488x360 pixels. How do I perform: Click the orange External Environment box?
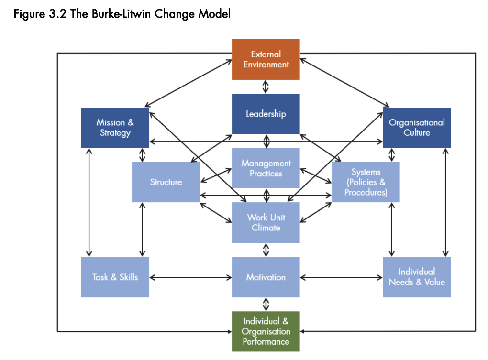pyautogui.click(x=266, y=59)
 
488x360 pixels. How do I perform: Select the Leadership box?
pyautogui.click(x=266, y=114)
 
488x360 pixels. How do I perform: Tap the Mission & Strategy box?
pyautogui.click(x=115, y=128)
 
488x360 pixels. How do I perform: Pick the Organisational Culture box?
pyautogui.click(x=417, y=128)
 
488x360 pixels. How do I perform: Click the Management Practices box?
pyautogui.click(x=266, y=168)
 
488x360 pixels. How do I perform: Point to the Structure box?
pyautogui.click(x=166, y=182)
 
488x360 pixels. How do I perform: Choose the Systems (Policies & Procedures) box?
pyautogui.click(x=366, y=182)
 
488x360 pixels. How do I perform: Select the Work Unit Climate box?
pyautogui.click(x=266, y=223)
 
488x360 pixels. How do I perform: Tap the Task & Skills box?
pyautogui.click(x=115, y=277)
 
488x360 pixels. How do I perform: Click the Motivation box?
pyautogui.click(x=266, y=277)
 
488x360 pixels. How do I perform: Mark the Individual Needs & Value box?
pyautogui.click(x=417, y=277)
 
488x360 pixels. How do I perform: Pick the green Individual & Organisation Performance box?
pyautogui.click(x=266, y=331)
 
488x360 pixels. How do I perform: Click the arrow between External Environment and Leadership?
pyautogui.click(x=266, y=87)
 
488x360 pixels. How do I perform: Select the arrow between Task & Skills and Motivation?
pyautogui.click(x=190, y=277)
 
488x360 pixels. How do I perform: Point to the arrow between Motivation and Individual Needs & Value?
pyautogui.click(x=342, y=277)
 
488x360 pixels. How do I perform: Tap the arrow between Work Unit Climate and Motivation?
pyautogui.click(x=266, y=250)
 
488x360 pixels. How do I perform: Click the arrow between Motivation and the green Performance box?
pyautogui.click(x=266, y=305)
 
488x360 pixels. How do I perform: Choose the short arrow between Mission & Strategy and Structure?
pyautogui.click(x=142, y=155)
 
